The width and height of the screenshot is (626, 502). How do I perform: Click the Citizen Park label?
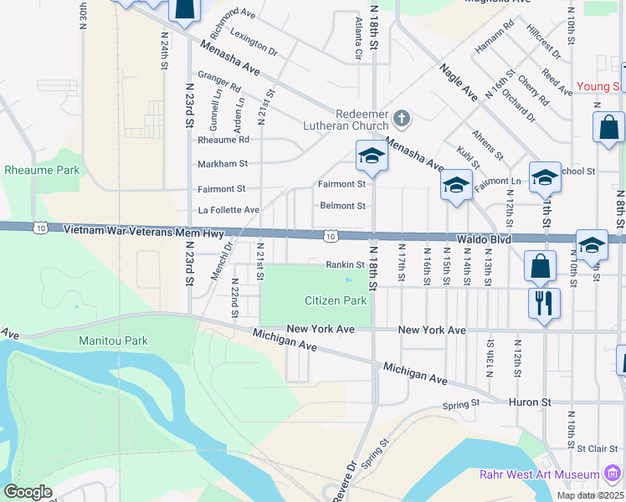[336, 300]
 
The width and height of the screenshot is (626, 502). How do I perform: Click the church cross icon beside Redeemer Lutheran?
[402, 117]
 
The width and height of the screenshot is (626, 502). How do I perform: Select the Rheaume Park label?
[42, 170]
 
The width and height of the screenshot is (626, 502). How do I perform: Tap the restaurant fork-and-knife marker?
[545, 303]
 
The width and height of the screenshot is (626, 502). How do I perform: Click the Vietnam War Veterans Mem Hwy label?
[144, 228]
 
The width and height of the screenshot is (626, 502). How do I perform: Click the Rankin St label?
[346, 265]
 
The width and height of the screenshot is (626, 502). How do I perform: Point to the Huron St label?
[529, 402]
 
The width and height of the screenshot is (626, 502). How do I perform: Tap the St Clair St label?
[596, 449]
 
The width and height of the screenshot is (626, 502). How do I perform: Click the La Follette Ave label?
[228, 210]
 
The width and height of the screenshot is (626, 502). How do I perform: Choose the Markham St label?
[223, 164]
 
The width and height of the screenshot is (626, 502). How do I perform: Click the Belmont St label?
[343, 206]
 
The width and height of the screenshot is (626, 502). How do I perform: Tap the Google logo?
[28, 492]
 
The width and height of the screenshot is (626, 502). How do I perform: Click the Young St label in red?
[600, 86]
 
